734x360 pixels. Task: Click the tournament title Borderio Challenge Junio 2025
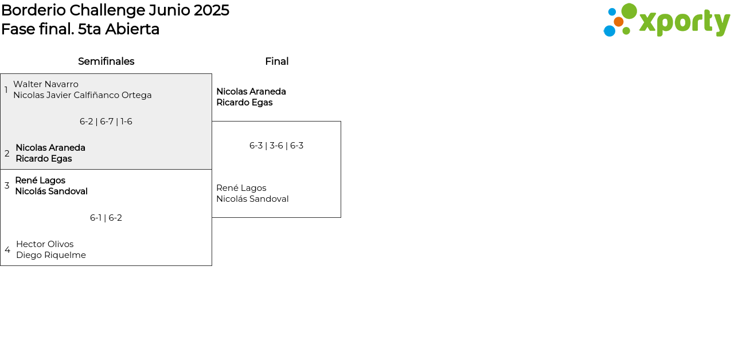point(115,10)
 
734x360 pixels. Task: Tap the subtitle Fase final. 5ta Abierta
point(80,29)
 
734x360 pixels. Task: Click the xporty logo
point(666,21)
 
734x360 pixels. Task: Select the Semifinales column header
point(106,61)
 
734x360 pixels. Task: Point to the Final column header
point(276,61)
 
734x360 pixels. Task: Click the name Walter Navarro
point(46,84)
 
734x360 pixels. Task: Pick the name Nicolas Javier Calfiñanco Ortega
point(83,95)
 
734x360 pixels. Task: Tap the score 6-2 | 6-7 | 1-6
point(106,122)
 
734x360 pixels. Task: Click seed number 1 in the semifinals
point(6,90)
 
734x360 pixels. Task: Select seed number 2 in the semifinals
point(7,154)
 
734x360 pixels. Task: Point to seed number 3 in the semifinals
point(7,186)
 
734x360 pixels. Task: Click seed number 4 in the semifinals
point(7,250)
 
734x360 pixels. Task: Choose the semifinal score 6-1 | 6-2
point(106,218)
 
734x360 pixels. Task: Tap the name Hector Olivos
point(45,244)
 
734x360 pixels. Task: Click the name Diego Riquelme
point(51,255)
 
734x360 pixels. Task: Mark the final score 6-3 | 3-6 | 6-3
point(276,146)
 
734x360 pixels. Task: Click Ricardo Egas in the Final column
point(244,103)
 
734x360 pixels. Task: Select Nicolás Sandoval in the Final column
point(252,199)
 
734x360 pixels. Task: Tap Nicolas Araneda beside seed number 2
point(50,148)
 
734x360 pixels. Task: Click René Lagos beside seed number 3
point(40,181)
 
